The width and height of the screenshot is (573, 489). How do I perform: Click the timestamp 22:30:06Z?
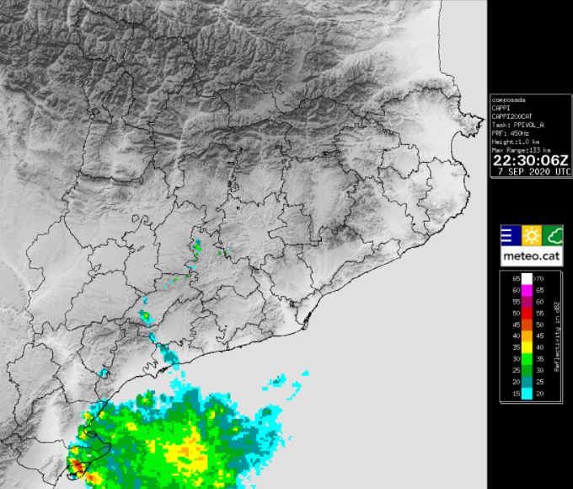[531, 159]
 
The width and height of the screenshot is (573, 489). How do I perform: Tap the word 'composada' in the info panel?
[509, 99]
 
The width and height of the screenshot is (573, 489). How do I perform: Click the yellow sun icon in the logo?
[532, 234]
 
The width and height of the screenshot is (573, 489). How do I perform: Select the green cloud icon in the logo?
[553, 234]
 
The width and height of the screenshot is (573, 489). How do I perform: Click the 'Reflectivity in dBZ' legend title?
[557, 336]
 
